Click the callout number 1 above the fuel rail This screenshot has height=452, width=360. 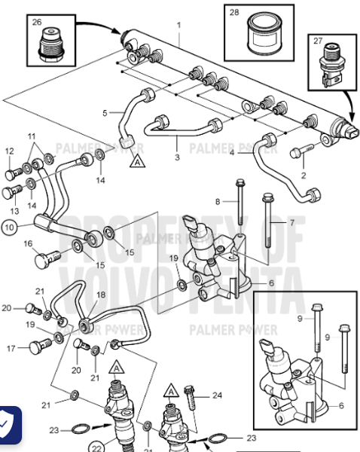tap(178, 26)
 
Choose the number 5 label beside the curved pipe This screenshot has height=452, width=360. tap(106, 113)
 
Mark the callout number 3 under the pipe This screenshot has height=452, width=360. tap(176, 157)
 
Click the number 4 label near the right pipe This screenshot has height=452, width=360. tap(233, 153)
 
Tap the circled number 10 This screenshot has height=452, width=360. tap(8, 225)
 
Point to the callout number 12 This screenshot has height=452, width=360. tap(9, 151)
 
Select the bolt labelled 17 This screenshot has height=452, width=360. tap(41, 348)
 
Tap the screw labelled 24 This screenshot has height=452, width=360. tap(188, 395)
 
